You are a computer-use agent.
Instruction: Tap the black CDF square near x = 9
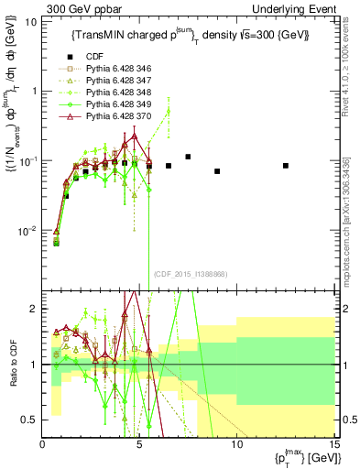pyautogui.click(x=217, y=171)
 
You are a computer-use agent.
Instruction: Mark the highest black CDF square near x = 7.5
pyautogui.click(x=188, y=157)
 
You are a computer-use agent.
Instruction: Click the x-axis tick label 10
pyautogui.click(x=236, y=443)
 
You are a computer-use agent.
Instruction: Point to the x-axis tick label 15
pyautogui.click(x=333, y=443)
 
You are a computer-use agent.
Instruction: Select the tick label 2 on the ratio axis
pyautogui.click(x=35, y=309)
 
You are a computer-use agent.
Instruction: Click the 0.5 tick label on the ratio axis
pyautogui.click(x=31, y=420)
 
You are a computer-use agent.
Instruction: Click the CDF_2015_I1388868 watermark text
pyautogui.click(x=191, y=273)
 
